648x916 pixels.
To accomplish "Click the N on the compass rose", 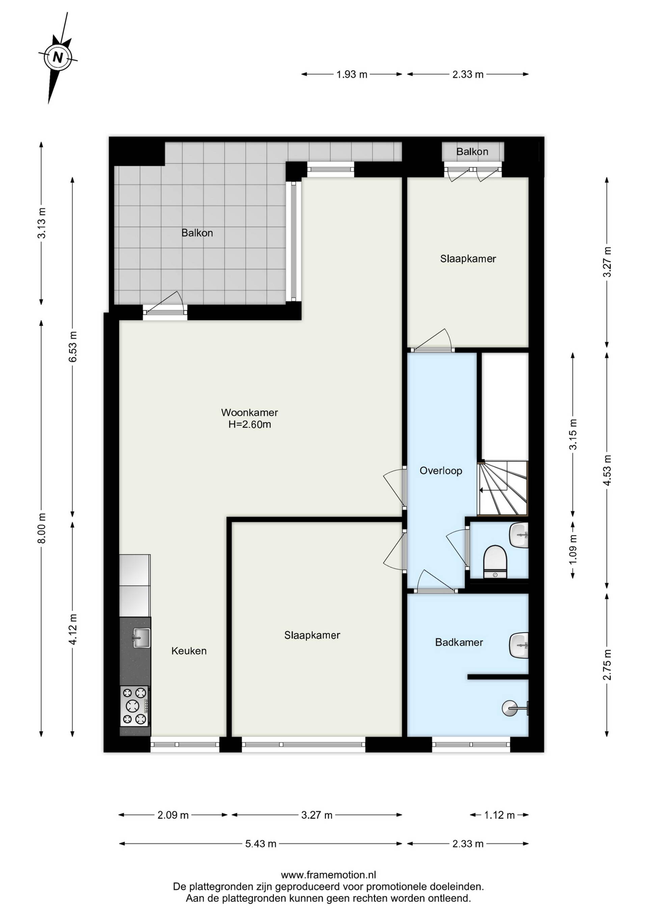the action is pyautogui.click(x=58, y=57).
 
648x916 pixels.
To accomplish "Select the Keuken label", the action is pyautogui.click(x=189, y=651).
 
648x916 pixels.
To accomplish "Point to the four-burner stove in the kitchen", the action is pyautogui.click(x=134, y=706).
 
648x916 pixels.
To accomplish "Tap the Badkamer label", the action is pyautogui.click(x=459, y=642).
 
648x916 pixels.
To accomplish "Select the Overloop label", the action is pyautogui.click(x=441, y=471).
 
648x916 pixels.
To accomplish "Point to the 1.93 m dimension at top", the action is pyautogui.click(x=352, y=74).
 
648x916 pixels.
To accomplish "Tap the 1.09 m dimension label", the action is pyautogui.click(x=573, y=549).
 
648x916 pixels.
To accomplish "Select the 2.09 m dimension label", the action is pyautogui.click(x=173, y=815).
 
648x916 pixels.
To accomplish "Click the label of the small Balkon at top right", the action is pyautogui.click(x=472, y=152).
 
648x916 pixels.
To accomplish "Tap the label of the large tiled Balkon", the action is pyautogui.click(x=197, y=233).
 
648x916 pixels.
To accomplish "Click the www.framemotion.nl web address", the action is pyautogui.click(x=328, y=874).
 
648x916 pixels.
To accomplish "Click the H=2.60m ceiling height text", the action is pyautogui.click(x=250, y=424).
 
